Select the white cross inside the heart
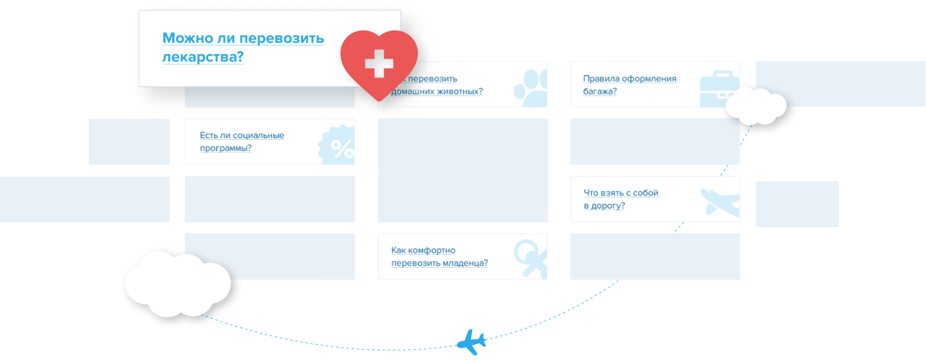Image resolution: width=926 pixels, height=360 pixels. [x=379, y=64]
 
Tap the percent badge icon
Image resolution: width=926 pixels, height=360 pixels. [x=338, y=146]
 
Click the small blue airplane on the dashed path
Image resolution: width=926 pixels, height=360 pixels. [x=471, y=342]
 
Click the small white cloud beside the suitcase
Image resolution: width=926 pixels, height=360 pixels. [x=756, y=105]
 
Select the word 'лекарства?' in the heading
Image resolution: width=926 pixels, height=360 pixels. [x=202, y=57]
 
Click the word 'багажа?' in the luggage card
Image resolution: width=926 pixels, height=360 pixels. [x=600, y=91]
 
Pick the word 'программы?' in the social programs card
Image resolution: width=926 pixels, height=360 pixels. [x=225, y=148]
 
